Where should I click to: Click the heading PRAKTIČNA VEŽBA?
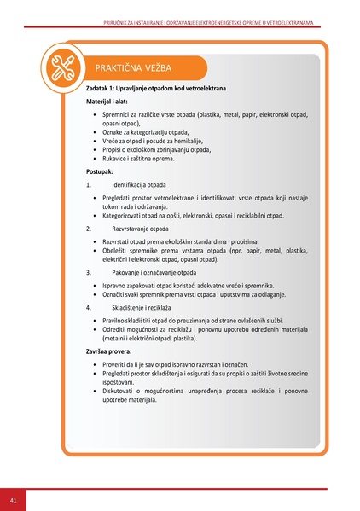tap(129, 67)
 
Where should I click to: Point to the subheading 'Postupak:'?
tap(100, 171)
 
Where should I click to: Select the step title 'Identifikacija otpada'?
tap(140, 184)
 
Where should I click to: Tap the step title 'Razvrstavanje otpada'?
tap(142, 229)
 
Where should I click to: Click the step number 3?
tap(89, 273)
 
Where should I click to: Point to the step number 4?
tap(89, 306)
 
